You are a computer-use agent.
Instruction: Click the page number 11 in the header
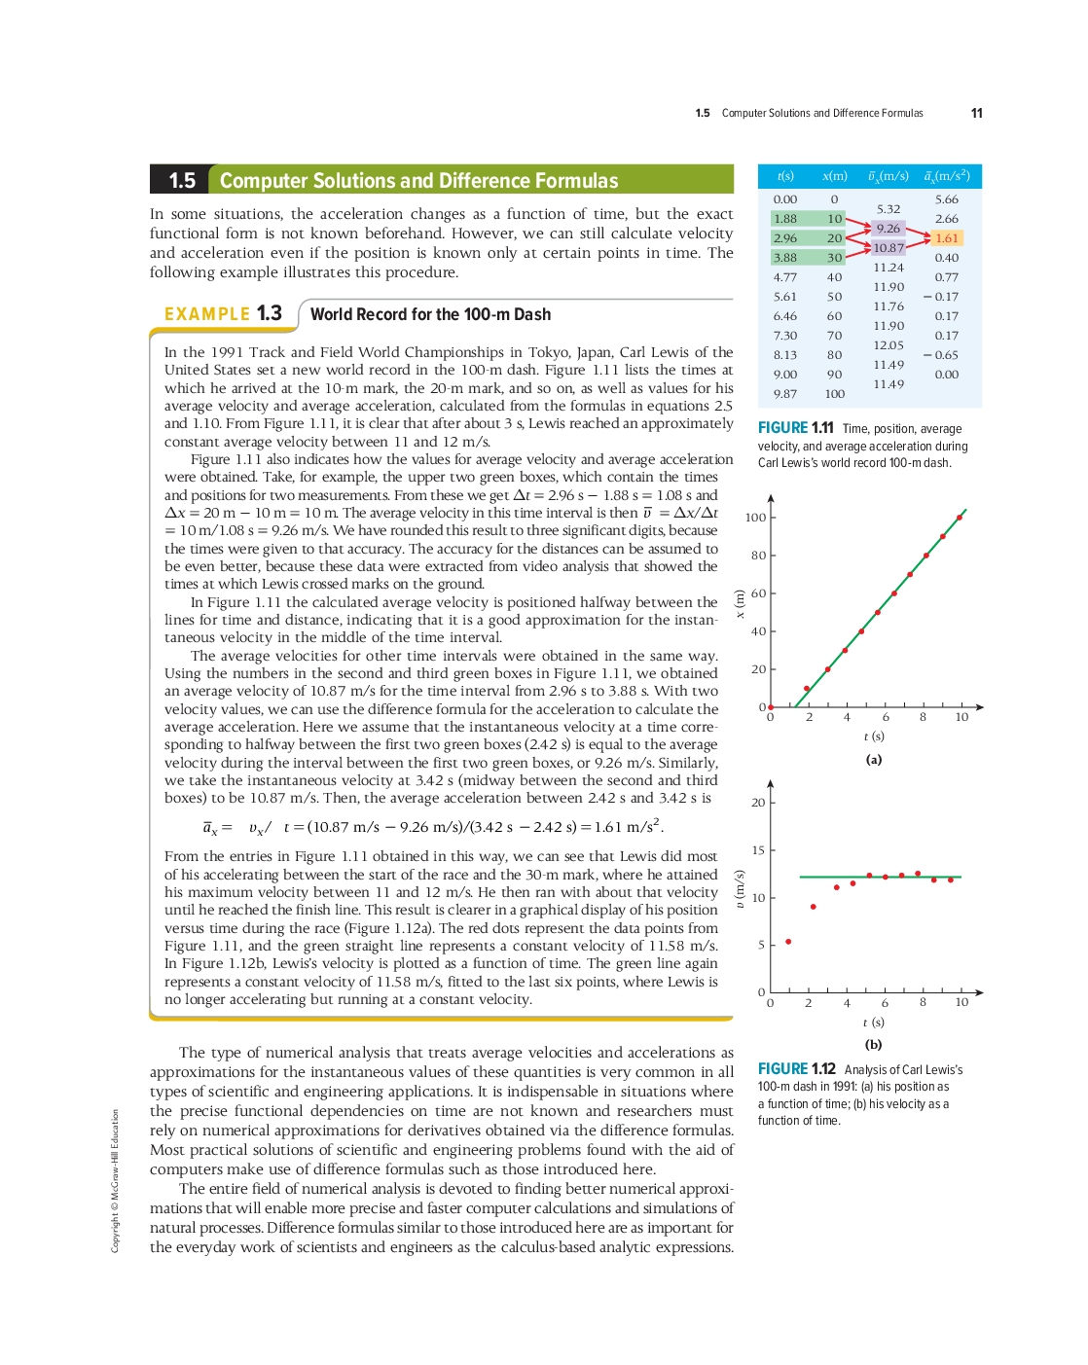[976, 113]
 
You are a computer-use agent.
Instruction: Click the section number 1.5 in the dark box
[182, 180]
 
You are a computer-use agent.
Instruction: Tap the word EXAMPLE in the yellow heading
[207, 314]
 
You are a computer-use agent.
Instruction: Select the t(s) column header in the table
[785, 176]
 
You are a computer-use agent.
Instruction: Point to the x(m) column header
[835, 176]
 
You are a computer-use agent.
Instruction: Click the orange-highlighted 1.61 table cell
[946, 238]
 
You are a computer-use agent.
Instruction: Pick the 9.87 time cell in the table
[784, 394]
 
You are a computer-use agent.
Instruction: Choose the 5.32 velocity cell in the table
[889, 209]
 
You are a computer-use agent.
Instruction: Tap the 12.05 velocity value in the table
[889, 345]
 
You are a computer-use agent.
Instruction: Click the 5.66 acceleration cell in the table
[946, 199]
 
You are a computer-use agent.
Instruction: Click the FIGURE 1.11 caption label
[796, 428]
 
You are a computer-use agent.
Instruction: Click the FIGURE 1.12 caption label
[797, 1069]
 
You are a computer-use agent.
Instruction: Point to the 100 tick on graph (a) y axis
[756, 518]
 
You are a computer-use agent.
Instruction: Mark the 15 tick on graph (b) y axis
[758, 850]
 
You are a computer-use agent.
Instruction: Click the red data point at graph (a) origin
[771, 707]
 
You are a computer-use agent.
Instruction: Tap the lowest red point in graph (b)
[788, 942]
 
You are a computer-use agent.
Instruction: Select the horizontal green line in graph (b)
[880, 877]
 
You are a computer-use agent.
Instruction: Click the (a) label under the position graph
[874, 760]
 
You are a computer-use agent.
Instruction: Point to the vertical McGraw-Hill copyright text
[115, 1180]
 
